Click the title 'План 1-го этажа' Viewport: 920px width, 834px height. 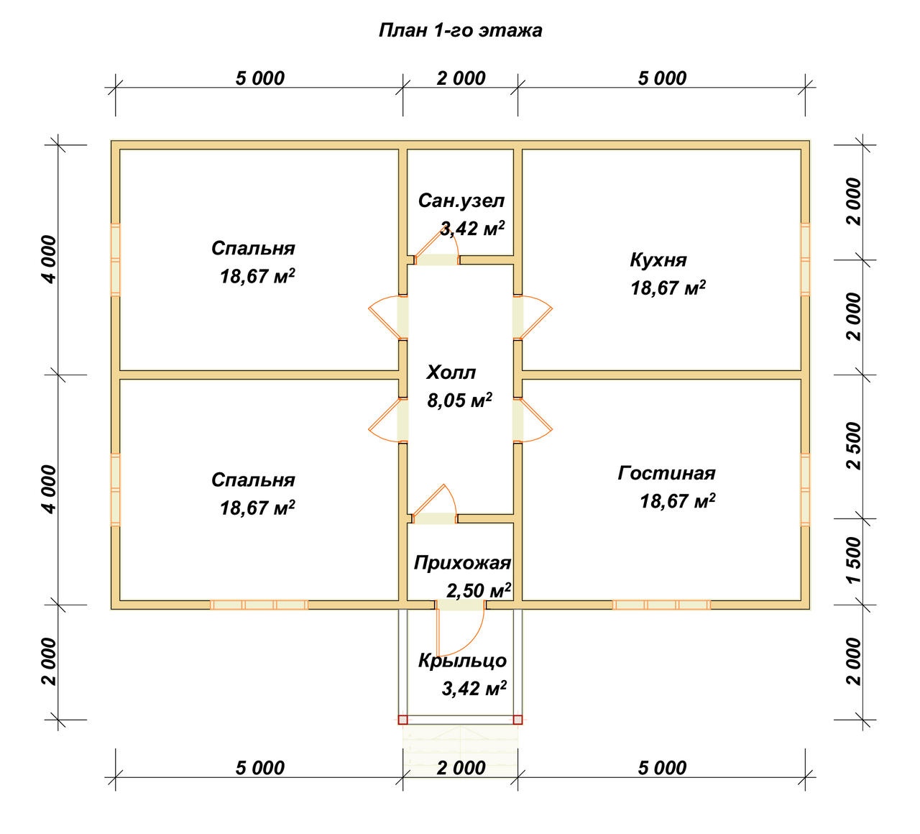(x=460, y=30)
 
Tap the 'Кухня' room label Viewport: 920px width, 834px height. (x=658, y=260)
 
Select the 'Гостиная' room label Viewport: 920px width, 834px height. (x=666, y=473)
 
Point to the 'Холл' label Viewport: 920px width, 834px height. (x=451, y=372)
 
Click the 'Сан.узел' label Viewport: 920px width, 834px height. (x=461, y=201)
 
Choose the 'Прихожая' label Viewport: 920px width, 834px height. (x=462, y=563)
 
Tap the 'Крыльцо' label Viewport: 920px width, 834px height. (x=462, y=661)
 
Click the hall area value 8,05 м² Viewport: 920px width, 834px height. (x=459, y=400)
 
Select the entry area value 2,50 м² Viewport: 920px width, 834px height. (x=479, y=591)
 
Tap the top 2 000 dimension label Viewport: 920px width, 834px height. (x=461, y=78)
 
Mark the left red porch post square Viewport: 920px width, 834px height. (x=402, y=720)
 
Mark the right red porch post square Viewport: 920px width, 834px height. (x=517, y=720)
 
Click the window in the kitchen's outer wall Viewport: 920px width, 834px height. (x=805, y=260)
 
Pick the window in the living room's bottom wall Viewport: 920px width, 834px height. (x=661, y=605)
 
